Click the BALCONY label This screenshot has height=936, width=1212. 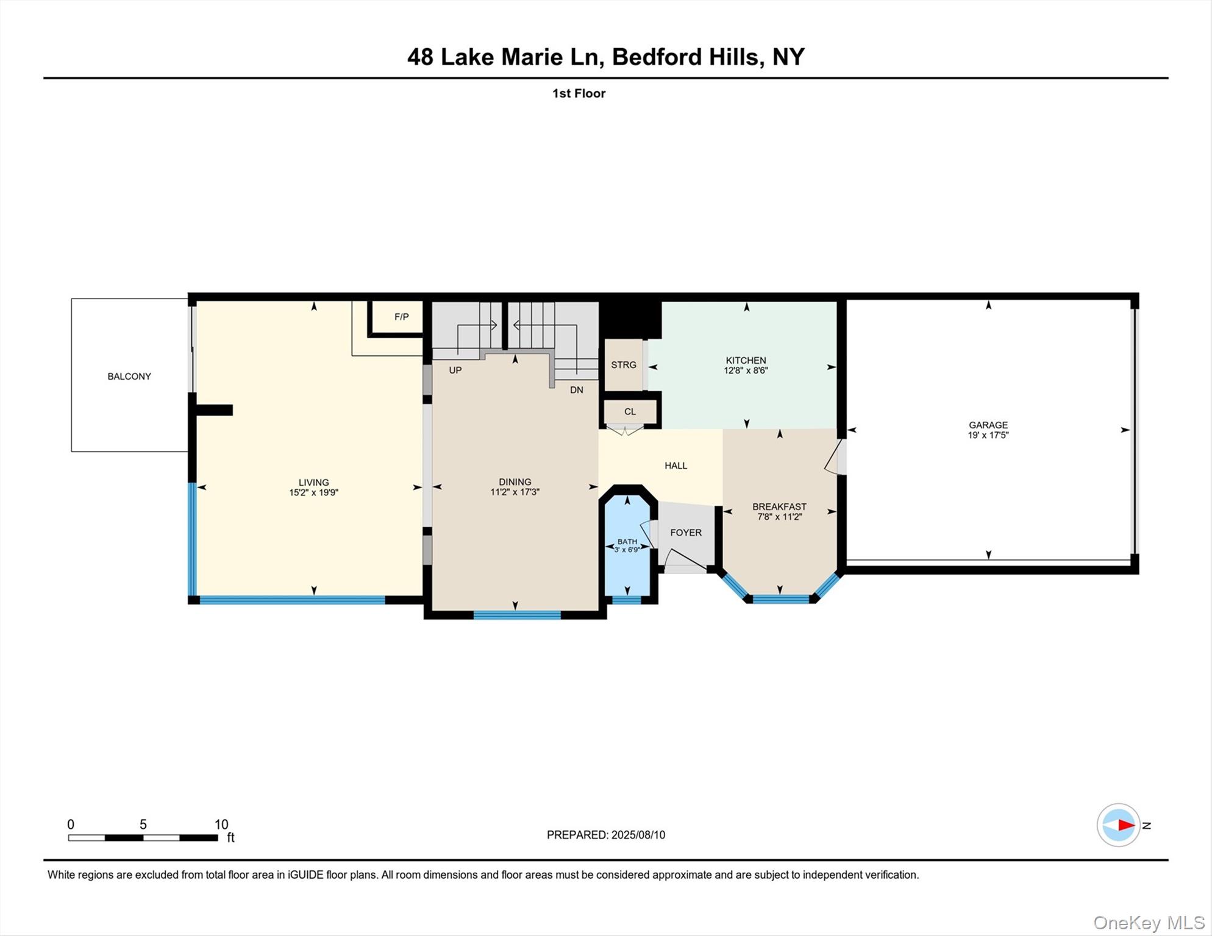click(x=129, y=377)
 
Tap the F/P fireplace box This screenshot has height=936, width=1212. click(x=401, y=317)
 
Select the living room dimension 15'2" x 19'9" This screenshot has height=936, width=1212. click(x=313, y=493)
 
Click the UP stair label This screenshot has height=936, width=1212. click(x=455, y=370)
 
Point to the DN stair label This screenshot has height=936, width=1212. click(x=576, y=390)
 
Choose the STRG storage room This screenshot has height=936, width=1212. click(x=623, y=365)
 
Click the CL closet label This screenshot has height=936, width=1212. click(x=630, y=412)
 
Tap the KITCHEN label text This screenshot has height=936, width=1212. click(x=746, y=360)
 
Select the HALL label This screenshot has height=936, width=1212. click(x=676, y=466)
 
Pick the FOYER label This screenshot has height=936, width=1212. click(x=686, y=533)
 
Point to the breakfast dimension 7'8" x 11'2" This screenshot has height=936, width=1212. click(x=779, y=517)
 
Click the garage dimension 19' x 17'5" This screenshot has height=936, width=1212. click(x=988, y=435)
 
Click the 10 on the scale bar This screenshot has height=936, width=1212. click(x=221, y=824)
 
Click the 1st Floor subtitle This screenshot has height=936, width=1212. click(x=579, y=93)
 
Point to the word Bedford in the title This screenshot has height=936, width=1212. click(x=657, y=57)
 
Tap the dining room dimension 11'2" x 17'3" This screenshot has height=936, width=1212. click(x=515, y=492)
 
